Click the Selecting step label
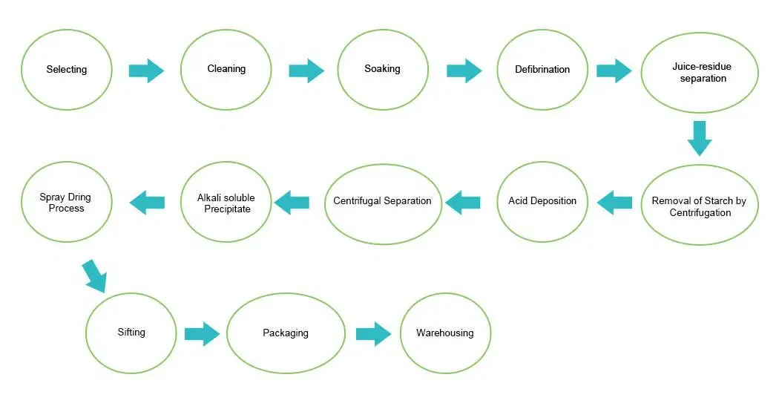point(67,70)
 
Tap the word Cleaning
point(226,69)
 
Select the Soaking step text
point(382,69)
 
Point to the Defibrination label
point(542,70)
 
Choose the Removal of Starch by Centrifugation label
point(700,206)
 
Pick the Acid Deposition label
point(542,201)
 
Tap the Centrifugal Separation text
point(382,201)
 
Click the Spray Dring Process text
point(65,203)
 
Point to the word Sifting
point(131,333)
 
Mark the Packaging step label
point(285,333)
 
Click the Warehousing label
point(444,333)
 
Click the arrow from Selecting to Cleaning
point(145,71)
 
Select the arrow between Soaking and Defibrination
point(464,71)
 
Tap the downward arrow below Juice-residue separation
point(699,138)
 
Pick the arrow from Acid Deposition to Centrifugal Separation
point(463,201)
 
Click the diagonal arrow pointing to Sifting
point(95,275)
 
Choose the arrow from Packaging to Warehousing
point(372,334)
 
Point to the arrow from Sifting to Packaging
point(201,334)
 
